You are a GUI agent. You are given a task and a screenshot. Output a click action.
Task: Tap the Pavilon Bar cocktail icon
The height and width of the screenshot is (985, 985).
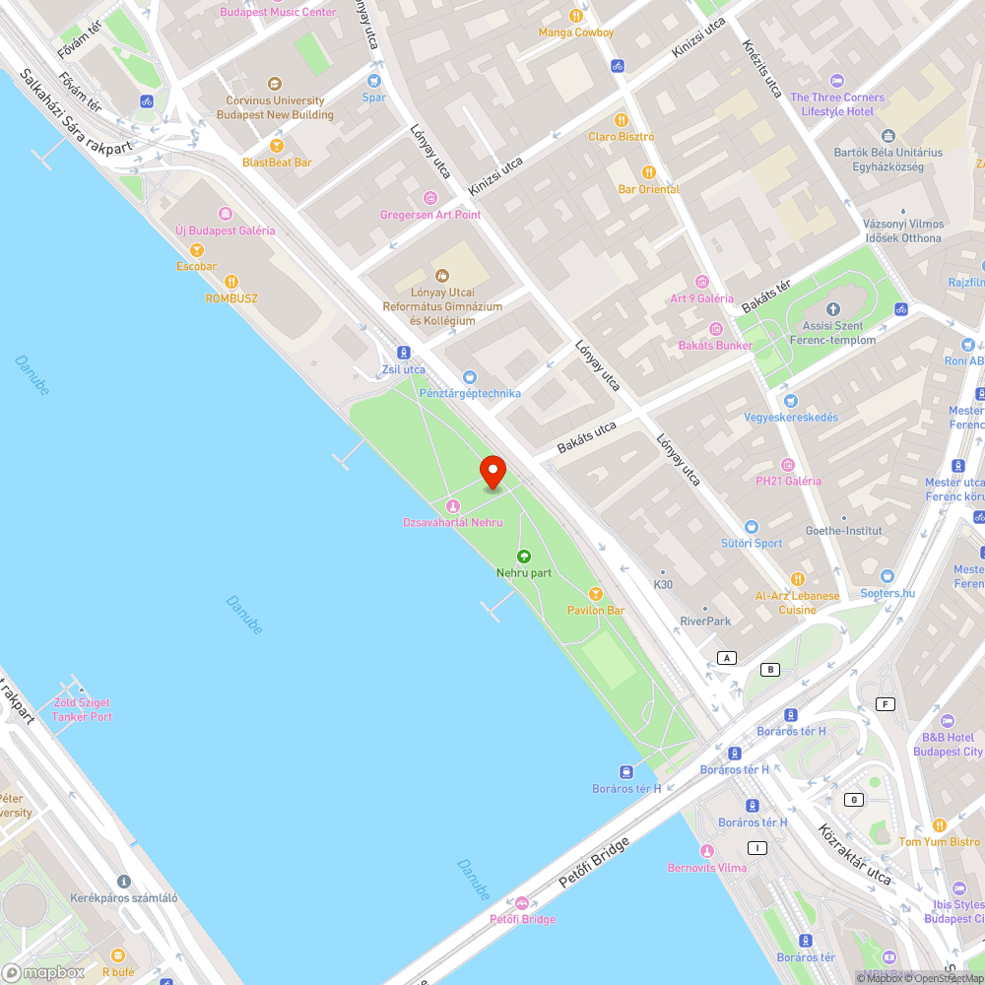point(595,593)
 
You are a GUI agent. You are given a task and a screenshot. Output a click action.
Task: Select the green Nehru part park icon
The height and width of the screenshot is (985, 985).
point(524,557)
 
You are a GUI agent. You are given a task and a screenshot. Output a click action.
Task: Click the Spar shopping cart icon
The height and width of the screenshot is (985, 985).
point(374,81)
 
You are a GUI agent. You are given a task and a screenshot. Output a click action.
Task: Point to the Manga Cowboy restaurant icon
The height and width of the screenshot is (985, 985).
point(576,16)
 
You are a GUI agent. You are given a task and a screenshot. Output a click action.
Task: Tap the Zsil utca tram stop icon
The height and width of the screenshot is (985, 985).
point(403,353)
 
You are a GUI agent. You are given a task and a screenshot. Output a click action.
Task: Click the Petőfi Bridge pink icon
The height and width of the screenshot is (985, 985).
point(522,903)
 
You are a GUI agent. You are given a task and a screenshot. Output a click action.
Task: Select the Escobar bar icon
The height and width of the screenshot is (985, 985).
point(196,250)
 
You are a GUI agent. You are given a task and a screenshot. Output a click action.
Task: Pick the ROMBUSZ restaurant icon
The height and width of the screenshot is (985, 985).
point(231,282)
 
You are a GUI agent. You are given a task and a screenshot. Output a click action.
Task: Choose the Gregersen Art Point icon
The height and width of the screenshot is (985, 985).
point(430,198)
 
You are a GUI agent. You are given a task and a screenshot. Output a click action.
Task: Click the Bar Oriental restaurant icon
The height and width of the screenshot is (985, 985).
point(648,172)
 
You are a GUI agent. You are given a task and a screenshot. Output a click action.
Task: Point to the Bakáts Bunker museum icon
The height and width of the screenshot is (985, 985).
point(715,329)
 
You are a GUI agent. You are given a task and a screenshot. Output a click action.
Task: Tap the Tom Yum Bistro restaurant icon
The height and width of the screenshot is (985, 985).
point(939,825)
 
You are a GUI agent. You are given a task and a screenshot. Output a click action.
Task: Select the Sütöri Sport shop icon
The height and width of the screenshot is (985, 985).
point(751,527)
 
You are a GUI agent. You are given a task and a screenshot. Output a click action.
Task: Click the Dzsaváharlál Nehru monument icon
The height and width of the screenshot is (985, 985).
point(452,505)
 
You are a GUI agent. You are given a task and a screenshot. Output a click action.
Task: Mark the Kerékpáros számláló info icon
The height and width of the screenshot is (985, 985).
point(123,882)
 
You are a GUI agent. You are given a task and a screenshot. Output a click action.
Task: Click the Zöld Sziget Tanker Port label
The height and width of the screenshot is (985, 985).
point(83,709)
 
